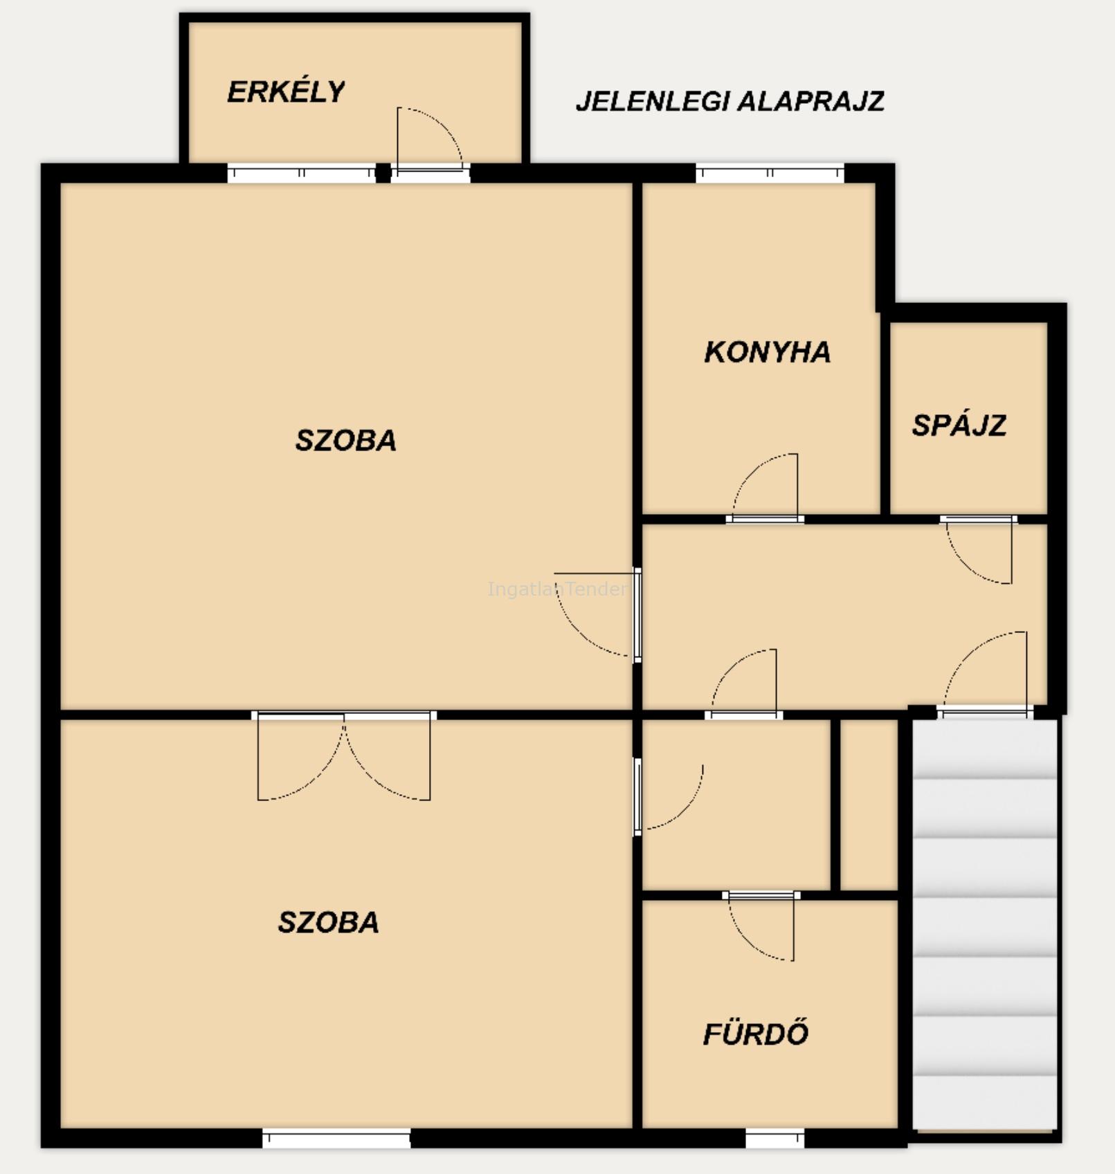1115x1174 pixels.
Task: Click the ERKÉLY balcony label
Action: [x=286, y=91]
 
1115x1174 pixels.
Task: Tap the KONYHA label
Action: [x=768, y=352]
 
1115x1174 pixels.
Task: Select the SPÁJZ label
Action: [x=959, y=425]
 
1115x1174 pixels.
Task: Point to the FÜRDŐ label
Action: [x=756, y=1034]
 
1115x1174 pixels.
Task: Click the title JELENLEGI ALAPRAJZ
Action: [x=730, y=101]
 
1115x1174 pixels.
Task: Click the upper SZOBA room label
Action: [x=346, y=441]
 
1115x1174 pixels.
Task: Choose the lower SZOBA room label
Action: [x=328, y=922]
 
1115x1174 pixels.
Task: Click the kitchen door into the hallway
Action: [x=765, y=487]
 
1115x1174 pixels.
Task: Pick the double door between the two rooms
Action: [x=344, y=755]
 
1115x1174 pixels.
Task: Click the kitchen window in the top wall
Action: [x=770, y=173]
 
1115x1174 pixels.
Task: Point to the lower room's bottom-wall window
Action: [x=336, y=1138]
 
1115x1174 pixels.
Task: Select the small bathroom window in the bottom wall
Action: [x=775, y=1138]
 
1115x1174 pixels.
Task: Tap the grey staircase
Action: [x=985, y=925]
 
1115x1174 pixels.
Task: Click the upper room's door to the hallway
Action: [x=597, y=614]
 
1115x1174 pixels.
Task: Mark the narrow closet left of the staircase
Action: [x=869, y=805]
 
